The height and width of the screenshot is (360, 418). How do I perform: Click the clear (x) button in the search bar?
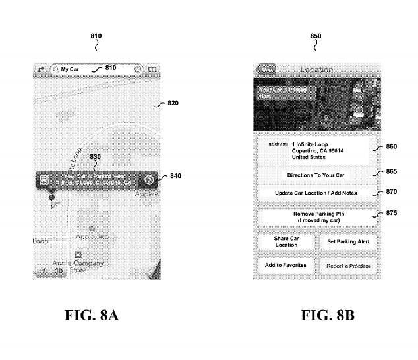click(x=137, y=69)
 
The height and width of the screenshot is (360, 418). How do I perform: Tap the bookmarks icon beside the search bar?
click(x=152, y=69)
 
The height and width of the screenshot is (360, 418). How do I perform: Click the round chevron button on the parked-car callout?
click(x=150, y=179)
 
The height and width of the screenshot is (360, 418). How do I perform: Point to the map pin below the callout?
click(x=51, y=196)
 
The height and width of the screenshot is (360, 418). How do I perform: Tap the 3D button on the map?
click(x=58, y=271)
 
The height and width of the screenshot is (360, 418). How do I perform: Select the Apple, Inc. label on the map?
click(x=92, y=235)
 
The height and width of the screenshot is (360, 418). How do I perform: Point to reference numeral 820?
click(x=173, y=103)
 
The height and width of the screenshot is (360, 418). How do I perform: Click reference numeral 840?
click(x=175, y=176)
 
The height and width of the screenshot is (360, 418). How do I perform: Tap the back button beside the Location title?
click(x=266, y=69)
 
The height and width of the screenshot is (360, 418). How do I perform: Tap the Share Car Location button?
click(x=285, y=241)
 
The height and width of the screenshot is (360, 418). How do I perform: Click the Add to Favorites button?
click(x=285, y=265)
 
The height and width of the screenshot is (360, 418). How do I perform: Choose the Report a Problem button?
click(x=348, y=266)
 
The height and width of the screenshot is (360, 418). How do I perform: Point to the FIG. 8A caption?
click(x=92, y=315)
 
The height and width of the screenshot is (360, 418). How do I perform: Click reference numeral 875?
click(x=392, y=212)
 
